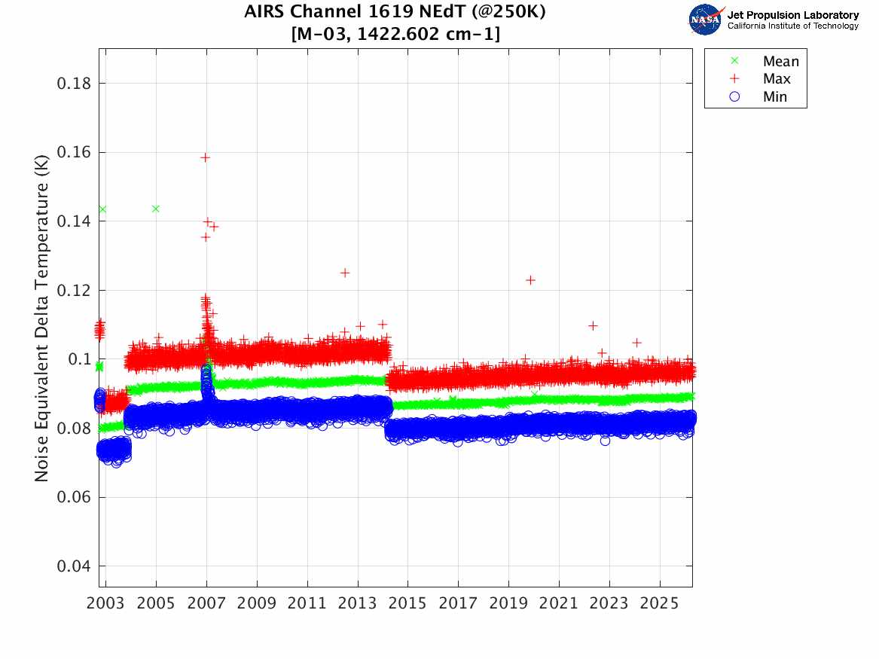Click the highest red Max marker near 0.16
pyautogui.click(x=205, y=157)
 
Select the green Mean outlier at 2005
pyautogui.click(x=156, y=209)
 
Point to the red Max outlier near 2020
pyautogui.click(x=530, y=280)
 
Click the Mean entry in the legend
pyautogui.click(x=780, y=62)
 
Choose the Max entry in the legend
pyautogui.click(x=777, y=79)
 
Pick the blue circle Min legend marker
pyautogui.click(x=736, y=96)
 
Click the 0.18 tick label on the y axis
pyautogui.click(x=74, y=84)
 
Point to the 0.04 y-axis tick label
pyautogui.click(x=74, y=567)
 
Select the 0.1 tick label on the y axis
pyautogui.click(x=78, y=360)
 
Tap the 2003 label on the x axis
pyautogui.click(x=106, y=604)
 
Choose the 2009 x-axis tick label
pyautogui.click(x=257, y=604)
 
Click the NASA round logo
pyautogui.click(x=706, y=20)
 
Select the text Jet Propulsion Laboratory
pyautogui.click(x=792, y=15)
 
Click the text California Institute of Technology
pyautogui.click(x=792, y=26)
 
